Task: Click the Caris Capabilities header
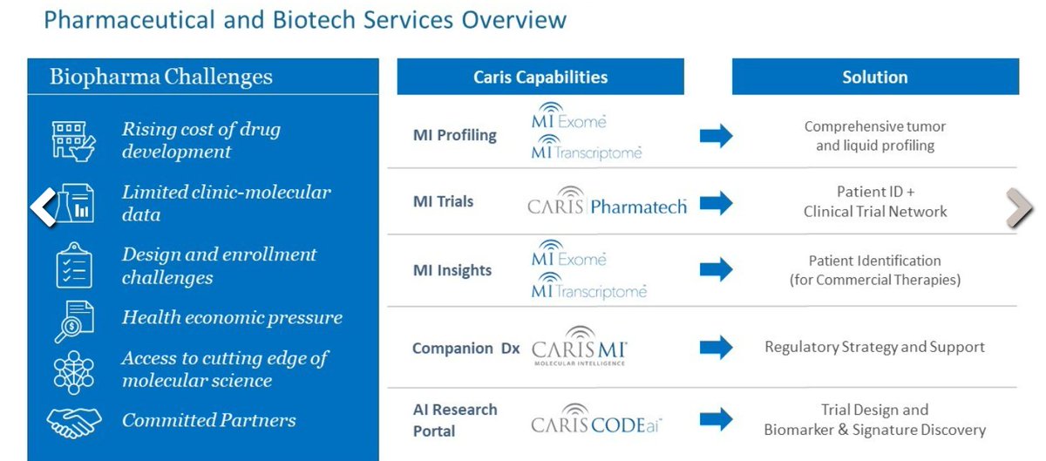[540, 77]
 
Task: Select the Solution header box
[875, 77]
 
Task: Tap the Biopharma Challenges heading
[161, 77]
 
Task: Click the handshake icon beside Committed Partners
[74, 423]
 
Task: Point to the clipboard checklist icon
[74, 265]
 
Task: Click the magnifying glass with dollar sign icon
[74, 322]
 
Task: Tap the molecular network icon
[74, 372]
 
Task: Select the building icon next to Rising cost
[74, 141]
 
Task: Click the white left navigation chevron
[43, 207]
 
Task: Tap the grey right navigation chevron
[1019, 207]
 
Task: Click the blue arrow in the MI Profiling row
[716, 136]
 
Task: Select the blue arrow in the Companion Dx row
[716, 348]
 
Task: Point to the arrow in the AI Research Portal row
[716, 419]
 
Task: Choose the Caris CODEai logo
[596, 419]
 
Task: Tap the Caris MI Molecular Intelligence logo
[580, 346]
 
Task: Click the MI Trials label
[443, 201]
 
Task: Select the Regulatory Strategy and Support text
[874, 347]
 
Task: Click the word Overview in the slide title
[514, 20]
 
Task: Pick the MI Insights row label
[452, 270]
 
